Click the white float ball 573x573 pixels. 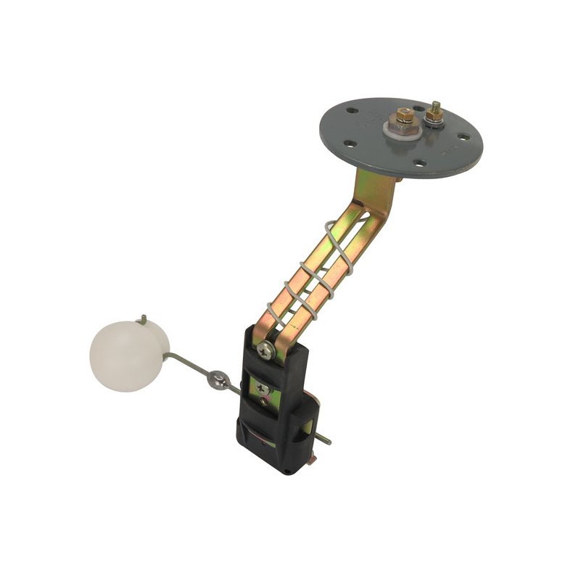[x=128, y=355]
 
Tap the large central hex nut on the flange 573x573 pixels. [x=404, y=117]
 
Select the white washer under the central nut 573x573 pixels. [x=396, y=128]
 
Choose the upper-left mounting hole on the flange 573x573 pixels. [x=353, y=112]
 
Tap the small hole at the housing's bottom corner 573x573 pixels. [x=288, y=469]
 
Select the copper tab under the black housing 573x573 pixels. [x=315, y=458]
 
